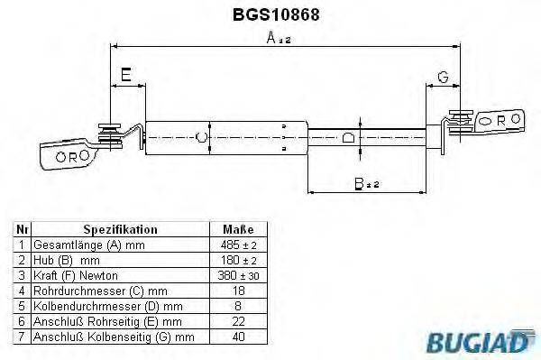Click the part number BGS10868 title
click(x=270, y=14)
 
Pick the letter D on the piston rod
click(x=349, y=138)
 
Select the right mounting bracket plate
click(x=498, y=119)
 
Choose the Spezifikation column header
click(x=120, y=230)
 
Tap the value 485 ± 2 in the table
click(x=237, y=245)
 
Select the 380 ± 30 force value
click(x=237, y=274)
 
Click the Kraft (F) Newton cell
click(x=75, y=274)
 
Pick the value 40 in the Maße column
click(x=237, y=336)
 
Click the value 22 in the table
click(x=237, y=320)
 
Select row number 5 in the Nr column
click(x=22, y=305)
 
